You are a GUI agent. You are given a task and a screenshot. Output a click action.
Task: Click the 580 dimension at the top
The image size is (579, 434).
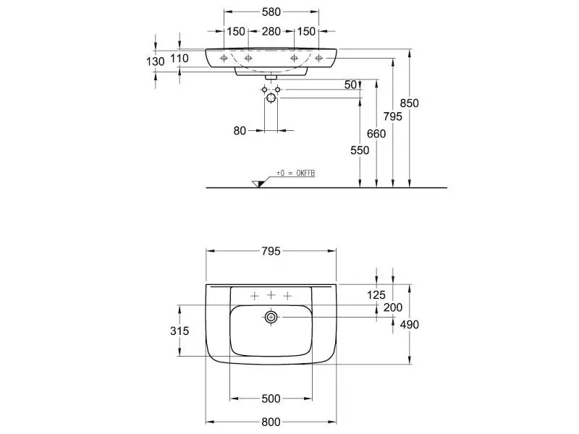(x=271, y=12)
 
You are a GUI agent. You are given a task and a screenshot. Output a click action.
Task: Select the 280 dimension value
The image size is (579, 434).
(x=271, y=32)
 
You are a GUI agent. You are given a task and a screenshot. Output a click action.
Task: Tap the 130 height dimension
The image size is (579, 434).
(x=156, y=61)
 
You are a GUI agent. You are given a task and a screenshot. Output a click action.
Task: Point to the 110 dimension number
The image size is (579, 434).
(x=179, y=58)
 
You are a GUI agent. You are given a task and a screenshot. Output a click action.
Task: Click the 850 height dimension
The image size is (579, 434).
(x=410, y=103)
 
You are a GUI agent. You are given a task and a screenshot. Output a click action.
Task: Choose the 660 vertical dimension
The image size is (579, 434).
(x=376, y=133)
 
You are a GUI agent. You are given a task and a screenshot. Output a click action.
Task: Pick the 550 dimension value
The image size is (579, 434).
(x=360, y=150)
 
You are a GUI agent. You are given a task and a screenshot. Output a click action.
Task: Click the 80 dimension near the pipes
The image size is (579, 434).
(x=240, y=131)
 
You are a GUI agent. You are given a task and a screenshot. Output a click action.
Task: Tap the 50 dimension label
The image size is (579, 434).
(x=350, y=85)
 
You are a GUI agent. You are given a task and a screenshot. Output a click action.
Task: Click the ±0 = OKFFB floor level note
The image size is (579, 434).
(x=296, y=173)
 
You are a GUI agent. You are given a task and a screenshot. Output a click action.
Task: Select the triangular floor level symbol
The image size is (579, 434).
(x=258, y=184)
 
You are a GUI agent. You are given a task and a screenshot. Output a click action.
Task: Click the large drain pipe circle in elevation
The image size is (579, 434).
(x=271, y=98)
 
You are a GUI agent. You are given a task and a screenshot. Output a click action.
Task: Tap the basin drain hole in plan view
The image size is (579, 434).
(x=271, y=317)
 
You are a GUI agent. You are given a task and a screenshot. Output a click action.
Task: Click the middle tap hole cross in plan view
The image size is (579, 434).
(x=271, y=295)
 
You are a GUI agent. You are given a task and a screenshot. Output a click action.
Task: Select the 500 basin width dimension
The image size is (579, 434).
(x=271, y=399)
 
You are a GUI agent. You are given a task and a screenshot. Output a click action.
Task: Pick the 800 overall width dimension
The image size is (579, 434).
(x=271, y=422)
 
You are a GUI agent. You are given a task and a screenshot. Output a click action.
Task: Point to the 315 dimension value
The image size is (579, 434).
(x=179, y=331)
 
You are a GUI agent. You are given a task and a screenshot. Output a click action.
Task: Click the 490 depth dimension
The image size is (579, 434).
(x=410, y=324)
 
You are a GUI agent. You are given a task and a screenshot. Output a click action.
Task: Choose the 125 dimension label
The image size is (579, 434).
(x=376, y=295)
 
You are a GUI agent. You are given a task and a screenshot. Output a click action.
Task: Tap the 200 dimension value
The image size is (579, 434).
(x=393, y=307)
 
